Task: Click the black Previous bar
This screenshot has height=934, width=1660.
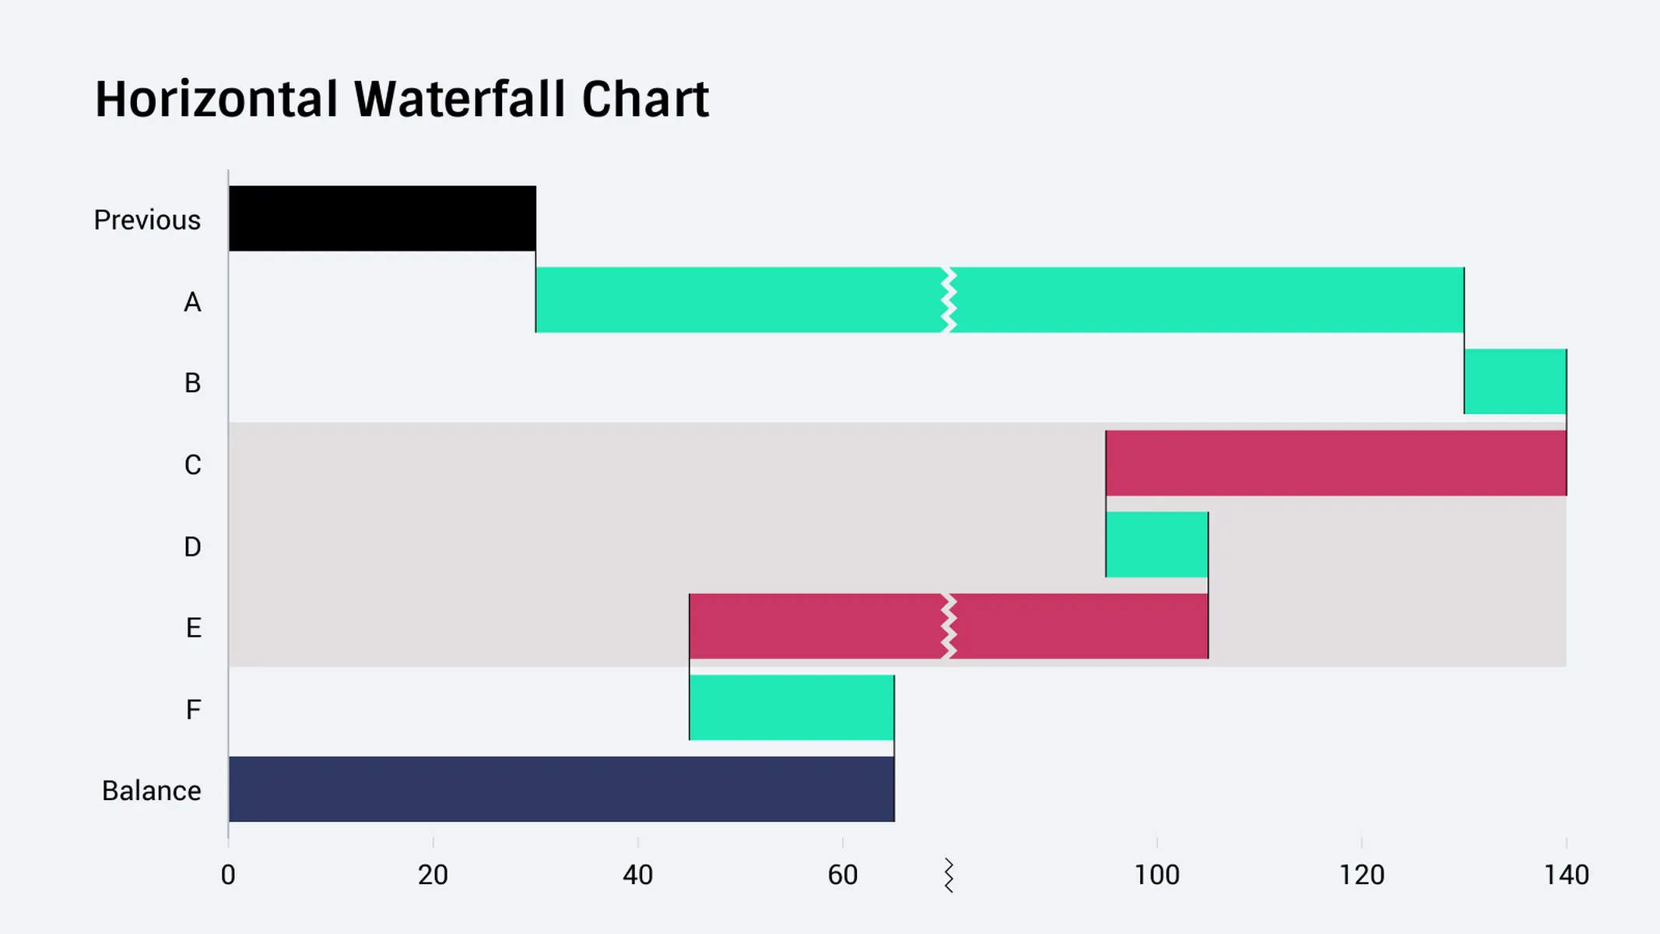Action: [x=382, y=218]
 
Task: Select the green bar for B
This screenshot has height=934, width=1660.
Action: [x=1514, y=381]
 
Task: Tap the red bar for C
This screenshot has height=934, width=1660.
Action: [x=1335, y=463]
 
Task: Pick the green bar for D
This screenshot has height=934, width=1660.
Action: [x=1156, y=545]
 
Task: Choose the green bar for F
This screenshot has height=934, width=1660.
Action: [x=791, y=708]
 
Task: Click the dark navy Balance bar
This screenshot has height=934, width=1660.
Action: [x=561, y=789]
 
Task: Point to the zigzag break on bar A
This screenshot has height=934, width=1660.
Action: [x=948, y=300]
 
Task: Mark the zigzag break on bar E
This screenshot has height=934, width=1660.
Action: [x=948, y=627]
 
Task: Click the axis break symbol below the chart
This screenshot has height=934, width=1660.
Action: [x=948, y=876]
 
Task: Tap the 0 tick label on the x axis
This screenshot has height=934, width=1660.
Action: [x=228, y=876]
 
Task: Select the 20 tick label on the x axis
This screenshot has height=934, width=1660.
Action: [x=433, y=876]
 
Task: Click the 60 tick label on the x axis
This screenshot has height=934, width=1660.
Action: [x=842, y=876]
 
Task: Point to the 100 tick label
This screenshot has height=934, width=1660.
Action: [x=1156, y=876]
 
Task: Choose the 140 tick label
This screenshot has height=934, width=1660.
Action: [x=1566, y=876]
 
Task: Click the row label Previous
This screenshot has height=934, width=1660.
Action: [x=147, y=220]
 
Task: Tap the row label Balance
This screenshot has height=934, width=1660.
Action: [x=152, y=791]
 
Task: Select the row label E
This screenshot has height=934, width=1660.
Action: [x=193, y=627]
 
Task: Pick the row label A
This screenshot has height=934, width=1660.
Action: [x=192, y=302]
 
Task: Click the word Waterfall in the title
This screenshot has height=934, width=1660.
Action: [x=459, y=100]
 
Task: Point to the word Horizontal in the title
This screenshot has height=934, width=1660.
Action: [x=216, y=100]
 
